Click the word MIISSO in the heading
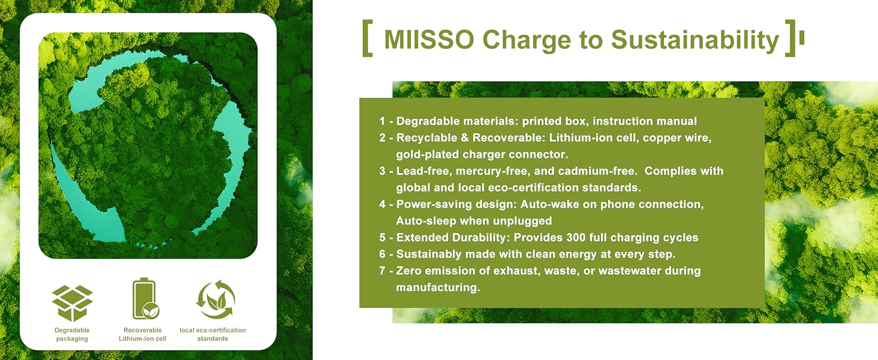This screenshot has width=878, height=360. coord(429,40)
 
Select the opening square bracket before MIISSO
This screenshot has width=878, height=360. coord(368,38)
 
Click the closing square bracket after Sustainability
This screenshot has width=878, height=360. coord(790,38)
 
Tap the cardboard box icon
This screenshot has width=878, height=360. coord(72,303)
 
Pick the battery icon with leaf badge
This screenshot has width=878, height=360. coord(145,299)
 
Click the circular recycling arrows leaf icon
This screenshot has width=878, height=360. coord(215,299)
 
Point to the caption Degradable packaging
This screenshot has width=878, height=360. coord(72,334)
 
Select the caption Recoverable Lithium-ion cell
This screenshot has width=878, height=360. coord(143,334)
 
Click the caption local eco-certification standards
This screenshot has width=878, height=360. coord(213,334)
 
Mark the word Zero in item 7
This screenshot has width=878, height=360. coord(409,271)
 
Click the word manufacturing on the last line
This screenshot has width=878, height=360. coord(438,288)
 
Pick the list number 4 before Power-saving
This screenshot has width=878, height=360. coord(383,205)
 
